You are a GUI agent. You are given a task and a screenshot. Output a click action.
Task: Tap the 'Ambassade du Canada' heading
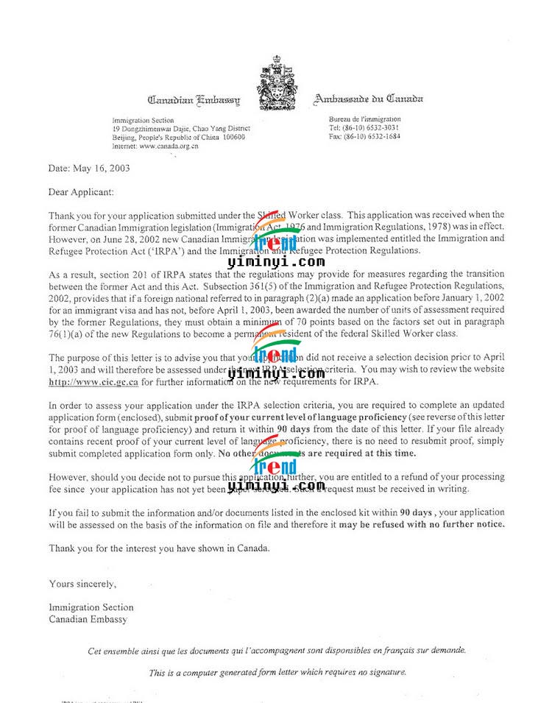pyautogui.click(x=368, y=99)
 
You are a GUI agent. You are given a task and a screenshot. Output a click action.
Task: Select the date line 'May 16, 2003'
pyautogui.click(x=103, y=168)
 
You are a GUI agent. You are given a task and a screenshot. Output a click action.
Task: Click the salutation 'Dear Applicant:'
pyautogui.click(x=82, y=192)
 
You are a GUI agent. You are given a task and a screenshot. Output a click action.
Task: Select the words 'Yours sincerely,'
pyautogui.click(x=82, y=584)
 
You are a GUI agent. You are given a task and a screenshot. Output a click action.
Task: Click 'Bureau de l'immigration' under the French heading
pyautogui.click(x=365, y=119)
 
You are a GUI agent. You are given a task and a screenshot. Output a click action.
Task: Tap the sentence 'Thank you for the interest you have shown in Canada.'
pyautogui.click(x=160, y=548)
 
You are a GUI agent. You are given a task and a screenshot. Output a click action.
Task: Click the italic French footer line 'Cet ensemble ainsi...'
pyautogui.click(x=276, y=651)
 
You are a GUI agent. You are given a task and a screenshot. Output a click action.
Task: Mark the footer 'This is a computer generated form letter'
pyautogui.click(x=276, y=672)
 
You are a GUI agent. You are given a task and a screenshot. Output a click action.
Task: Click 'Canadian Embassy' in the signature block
pyautogui.click(x=88, y=619)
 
